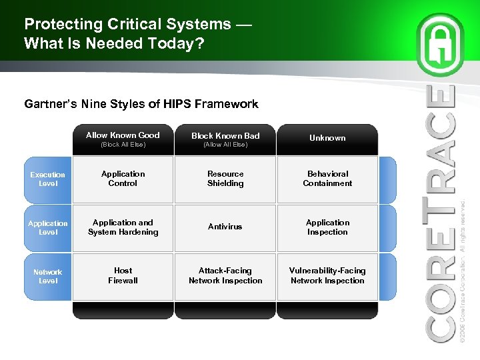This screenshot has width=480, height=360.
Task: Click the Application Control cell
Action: coord(123,179)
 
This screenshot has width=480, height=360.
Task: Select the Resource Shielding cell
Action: coord(225,179)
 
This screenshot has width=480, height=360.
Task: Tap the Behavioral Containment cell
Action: coord(327,179)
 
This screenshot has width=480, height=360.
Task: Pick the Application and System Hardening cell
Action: coord(123,227)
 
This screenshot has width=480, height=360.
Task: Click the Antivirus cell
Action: coord(225,227)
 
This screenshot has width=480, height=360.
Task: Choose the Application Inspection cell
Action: coord(327,227)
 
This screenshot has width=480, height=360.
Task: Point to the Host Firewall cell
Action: coord(123,276)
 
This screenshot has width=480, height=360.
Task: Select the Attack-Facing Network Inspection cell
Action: coord(225,276)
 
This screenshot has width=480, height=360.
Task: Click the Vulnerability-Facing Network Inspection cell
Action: coord(327,276)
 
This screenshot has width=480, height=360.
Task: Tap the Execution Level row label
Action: coord(48,179)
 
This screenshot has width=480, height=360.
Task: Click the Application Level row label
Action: coord(48,227)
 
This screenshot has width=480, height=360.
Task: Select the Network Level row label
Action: coord(48,276)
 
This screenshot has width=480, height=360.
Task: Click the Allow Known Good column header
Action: coord(123,139)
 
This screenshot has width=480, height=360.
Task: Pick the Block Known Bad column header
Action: coord(225,139)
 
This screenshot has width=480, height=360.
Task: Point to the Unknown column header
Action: coord(327,139)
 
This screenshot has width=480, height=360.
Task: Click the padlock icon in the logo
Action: coord(441,46)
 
